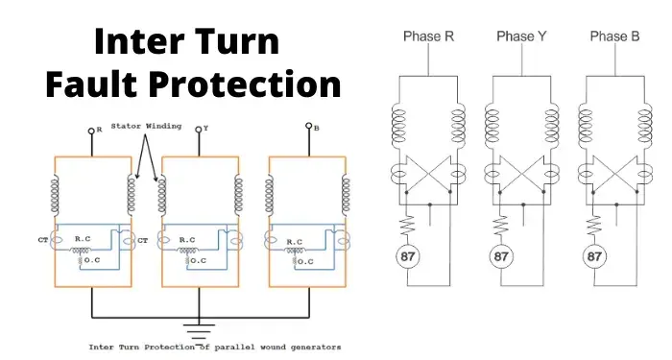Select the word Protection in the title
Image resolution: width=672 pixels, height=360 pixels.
[x=247, y=84]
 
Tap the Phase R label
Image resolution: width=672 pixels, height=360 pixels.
[x=428, y=36]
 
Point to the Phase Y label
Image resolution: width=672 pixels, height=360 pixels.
[x=521, y=36]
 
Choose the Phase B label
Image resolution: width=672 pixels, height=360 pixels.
[x=614, y=36]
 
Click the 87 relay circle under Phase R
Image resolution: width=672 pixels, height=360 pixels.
[x=407, y=256]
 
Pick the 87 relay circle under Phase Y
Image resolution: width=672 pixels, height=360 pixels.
[x=500, y=256]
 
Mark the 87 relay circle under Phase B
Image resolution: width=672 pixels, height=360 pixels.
[x=594, y=256]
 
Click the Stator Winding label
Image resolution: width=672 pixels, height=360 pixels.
[x=146, y=126]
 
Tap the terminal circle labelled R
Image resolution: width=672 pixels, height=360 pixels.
[x=91, y=131]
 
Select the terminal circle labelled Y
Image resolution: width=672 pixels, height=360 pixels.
[x=199, y=130]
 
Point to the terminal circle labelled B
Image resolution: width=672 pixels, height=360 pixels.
[x=308, y=126]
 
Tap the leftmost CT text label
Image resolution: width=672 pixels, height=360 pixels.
[x=43, y=240]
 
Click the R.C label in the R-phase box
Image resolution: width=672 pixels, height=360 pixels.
[x=83, y=239]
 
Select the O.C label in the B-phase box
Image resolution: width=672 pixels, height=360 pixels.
[x=305, y=261]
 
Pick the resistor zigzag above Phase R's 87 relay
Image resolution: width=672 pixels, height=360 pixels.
[x=407, y=225]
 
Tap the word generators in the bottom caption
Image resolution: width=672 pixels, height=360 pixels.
[x=316, y=348]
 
